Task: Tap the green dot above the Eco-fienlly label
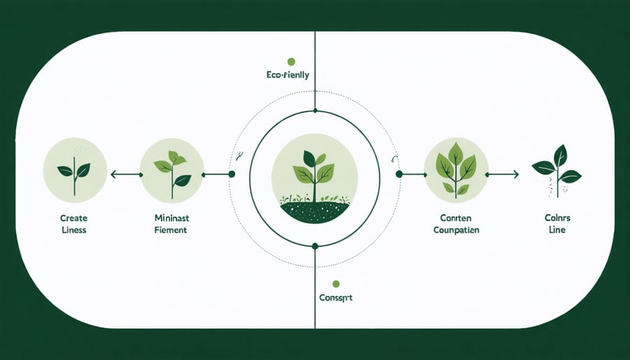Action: pos(291,62)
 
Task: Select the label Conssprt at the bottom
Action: pos(336,298)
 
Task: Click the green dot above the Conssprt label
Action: pos(336,284)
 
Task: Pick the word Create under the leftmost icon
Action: pos(74,218)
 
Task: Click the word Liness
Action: pos(74,229)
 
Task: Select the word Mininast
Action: pos(171,218)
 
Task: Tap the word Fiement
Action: pos(171,229)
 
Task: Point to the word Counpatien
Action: pos(456,229)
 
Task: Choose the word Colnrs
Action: pos(557,218)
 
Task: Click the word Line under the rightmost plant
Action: pos(557,229)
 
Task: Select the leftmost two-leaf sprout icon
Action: pos(75,170)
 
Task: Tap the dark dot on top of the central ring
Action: pos(315,111)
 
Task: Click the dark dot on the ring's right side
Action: pos(398,174)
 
